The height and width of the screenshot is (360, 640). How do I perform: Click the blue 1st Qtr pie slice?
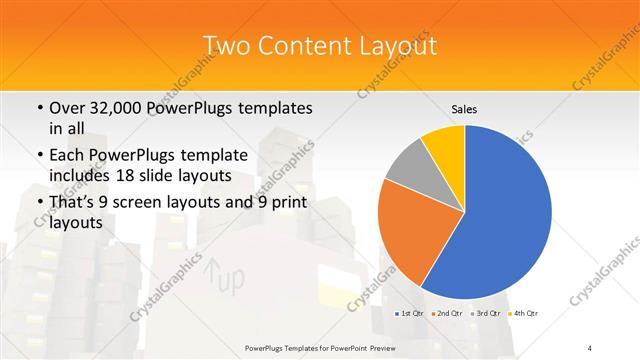tap(500, 220)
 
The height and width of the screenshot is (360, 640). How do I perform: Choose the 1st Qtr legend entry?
tap(410, 314)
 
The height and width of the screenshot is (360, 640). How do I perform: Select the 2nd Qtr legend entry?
tap(446, 314)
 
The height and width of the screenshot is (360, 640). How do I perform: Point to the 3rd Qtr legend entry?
tap(484, 314)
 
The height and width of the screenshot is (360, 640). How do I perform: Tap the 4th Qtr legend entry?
tap(522, 314)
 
